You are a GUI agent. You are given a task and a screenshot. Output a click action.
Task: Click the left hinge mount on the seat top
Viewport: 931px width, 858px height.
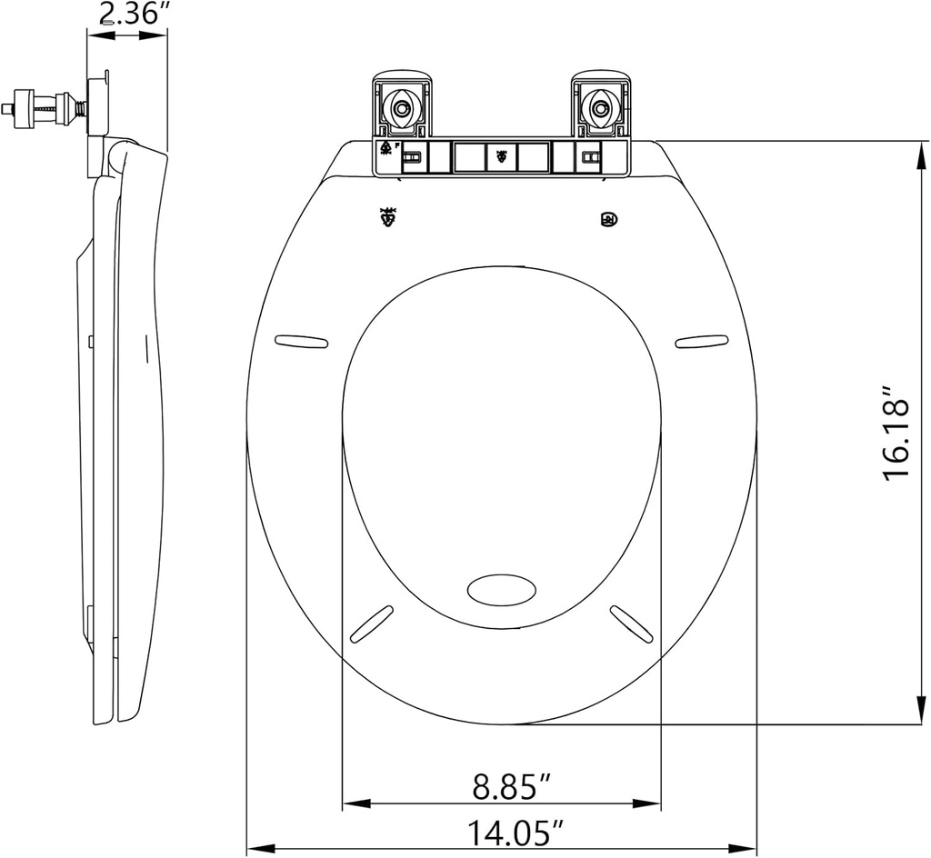pyautogui.click(x=401, y=107)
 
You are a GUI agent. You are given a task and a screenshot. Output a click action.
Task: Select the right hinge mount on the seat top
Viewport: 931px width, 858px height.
pyautogui.click(x=600, y=107)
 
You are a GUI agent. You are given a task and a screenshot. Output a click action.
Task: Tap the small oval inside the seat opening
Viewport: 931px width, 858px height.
pyautogui.click(x=502, y=589)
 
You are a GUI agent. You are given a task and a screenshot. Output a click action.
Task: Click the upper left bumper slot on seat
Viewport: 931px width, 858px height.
pyautogui.click(x=301, y=341)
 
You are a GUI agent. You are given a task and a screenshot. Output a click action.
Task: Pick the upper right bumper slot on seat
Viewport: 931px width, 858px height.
pyautogui.click(x=702, y=341)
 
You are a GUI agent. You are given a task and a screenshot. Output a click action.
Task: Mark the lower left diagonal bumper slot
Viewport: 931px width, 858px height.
pyautogui.click(x=371, y=624)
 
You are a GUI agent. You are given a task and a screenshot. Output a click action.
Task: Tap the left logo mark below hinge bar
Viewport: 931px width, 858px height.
pyautogui.click(x=388, y=217)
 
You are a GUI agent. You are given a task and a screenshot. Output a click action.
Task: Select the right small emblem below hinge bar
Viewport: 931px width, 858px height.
pyautogui.click(x=606, y=219)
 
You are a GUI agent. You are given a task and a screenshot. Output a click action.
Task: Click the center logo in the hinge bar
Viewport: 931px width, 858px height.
pyautogui.click(x=501, y=156)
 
